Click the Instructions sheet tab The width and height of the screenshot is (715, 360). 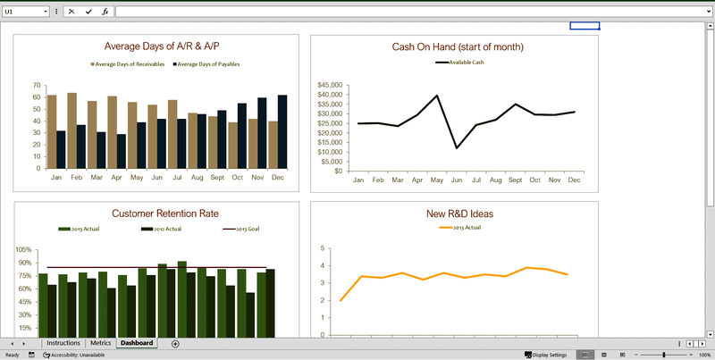[x=63, y=343]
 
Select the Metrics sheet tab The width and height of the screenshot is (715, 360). [x=101, y=343]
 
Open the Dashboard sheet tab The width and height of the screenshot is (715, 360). [x=137, y=343]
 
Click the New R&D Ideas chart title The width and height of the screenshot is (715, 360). [x=460, y=213]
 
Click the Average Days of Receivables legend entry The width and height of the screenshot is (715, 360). [x=129, y=64]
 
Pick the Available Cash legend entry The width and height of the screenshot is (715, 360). [x=460, y=63]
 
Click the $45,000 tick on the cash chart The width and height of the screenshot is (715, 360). [x=331, y=85]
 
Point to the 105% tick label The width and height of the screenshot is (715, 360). [x=23, y=250]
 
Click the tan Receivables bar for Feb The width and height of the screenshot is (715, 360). [x=71, y=130]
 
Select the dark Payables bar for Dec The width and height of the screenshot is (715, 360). [x=282, y=131]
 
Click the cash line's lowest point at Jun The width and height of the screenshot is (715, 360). [x=458, y=148]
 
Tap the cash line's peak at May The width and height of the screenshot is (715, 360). [x=437, y=96]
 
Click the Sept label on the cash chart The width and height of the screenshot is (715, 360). [x=516, y=180]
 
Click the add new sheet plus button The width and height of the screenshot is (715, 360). [x=175, y=344]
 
